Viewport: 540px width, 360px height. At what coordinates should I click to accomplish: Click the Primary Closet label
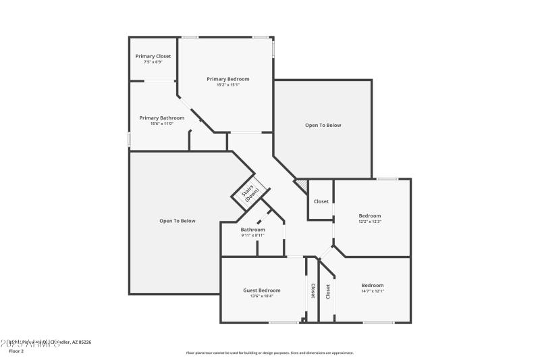pos(153,56)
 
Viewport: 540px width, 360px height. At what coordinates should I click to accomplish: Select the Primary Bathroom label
pos(162,118)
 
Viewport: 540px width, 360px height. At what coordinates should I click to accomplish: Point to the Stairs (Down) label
pos(250,193)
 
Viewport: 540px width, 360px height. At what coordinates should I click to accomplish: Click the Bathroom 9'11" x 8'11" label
pos(253,230)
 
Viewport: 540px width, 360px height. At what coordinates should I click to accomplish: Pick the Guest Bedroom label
pos(262,290)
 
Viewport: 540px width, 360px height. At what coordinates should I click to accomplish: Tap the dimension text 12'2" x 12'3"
pos(370,222)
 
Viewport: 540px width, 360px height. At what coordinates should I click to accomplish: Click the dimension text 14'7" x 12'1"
pos(372,291)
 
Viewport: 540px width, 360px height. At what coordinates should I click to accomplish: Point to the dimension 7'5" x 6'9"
pos(153,62)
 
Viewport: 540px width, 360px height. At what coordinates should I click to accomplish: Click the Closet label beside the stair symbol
pos(321,201)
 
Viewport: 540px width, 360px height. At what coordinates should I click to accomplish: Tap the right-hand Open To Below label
pos(323,125)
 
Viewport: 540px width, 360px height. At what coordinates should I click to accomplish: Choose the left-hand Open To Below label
pos(177,221)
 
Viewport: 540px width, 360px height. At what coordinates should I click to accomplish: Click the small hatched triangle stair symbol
pos(301,184)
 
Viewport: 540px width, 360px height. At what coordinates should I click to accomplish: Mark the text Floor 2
pos(16,351)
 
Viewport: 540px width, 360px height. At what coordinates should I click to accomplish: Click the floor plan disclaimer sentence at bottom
pos(269,353)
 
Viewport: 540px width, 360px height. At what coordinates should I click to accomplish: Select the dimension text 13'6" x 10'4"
pos(262,296)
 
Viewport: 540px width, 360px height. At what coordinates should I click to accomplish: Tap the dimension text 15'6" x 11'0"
pos(162,124)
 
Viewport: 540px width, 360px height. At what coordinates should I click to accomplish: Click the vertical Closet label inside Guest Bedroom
pos(312,290)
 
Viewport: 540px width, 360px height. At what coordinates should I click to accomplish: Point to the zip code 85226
pos(84,342)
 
